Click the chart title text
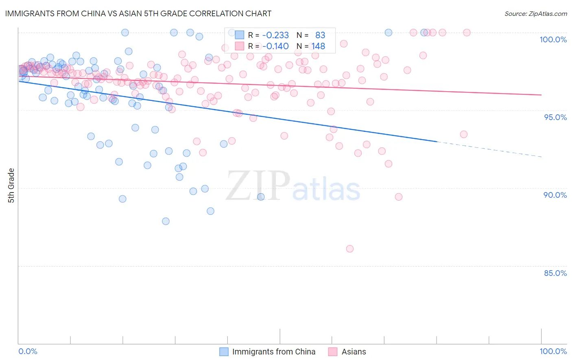tap(138, 13)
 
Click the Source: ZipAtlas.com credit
tap(535, 13)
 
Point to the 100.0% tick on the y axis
tap(553, 39)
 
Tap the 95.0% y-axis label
tap(555, 117)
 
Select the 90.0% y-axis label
tap(555, 195)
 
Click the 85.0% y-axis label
tap(555, 273)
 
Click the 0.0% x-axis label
tap(28, 351)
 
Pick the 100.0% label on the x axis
tap(553, 351)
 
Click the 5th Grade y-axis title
tap(11, 186)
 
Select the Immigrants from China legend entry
tap(273, 352)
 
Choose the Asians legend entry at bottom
tap(354, 352)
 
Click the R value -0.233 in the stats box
tap(275, 35)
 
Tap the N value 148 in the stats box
tap(318, 46)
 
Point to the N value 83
tap(320, 35)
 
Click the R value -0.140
tap(275, 46)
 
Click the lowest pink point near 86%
tap(349, 249)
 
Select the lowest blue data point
tap(166, 221)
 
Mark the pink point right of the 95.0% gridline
tap(463, 134)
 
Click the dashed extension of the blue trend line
tap(488, 149)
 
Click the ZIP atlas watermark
tap(293, 186)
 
